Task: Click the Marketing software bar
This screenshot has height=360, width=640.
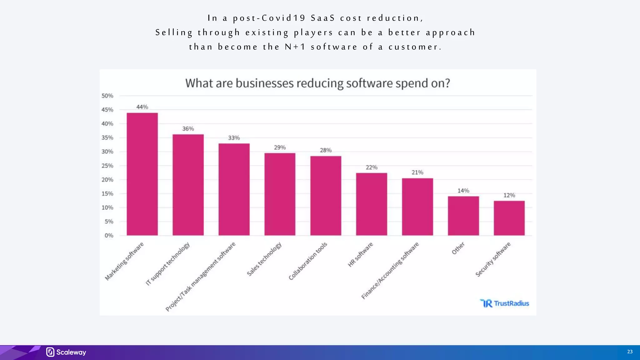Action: point(142,174)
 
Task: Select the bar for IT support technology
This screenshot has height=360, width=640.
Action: point(188,185)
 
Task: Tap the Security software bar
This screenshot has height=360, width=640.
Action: point(509,218)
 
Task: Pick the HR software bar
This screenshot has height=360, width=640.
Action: point(372,204)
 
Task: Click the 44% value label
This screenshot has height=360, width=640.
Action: point(142,107)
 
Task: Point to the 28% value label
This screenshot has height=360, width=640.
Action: point(326,150)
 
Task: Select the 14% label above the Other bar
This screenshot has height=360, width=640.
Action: point(463,191)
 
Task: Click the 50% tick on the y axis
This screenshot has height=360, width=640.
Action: point(107,96)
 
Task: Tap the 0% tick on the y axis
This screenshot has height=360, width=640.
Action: point(109,236)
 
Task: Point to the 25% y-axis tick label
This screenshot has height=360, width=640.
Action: point(107,166)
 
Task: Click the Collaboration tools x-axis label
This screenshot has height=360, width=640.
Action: point(308,261)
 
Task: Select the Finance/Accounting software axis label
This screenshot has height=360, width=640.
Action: point(390,270)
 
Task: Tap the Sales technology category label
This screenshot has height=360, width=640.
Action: point(264,259)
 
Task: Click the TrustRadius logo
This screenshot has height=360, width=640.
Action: point(504,303)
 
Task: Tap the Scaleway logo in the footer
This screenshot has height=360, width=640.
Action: point(66,352)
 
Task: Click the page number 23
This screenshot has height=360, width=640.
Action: point(630,352)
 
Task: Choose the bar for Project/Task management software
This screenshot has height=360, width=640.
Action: point(234,189)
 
